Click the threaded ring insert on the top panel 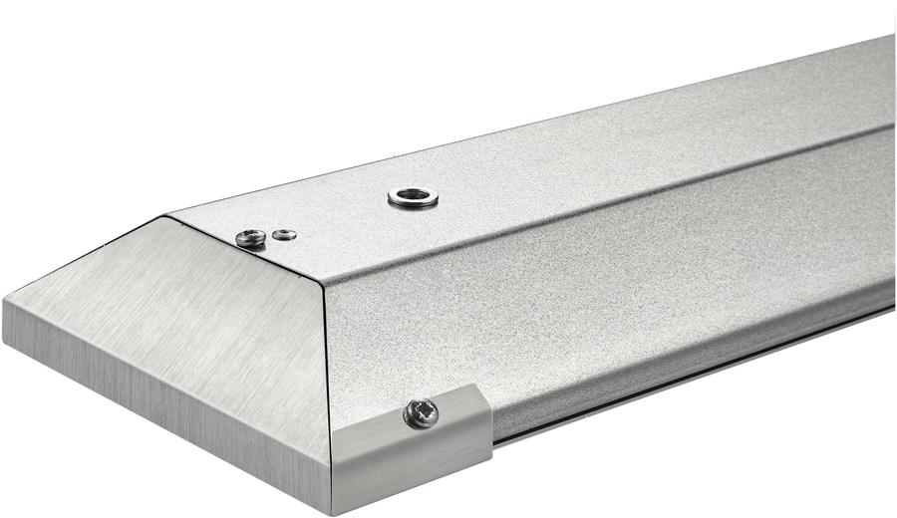pos(413,197)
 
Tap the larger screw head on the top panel pos(250,237)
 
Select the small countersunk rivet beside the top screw pos(285,234)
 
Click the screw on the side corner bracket pos(421,412)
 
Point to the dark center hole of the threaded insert pos(413,196)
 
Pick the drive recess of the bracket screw pos(422,411)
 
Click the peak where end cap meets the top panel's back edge pos(165,214)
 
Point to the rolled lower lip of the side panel pos(698,344)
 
